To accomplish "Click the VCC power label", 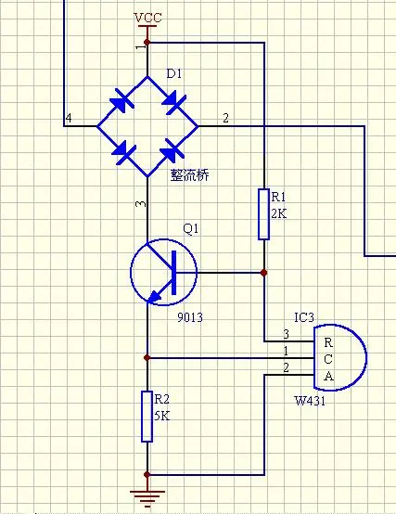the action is coord(147,18).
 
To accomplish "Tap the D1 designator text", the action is coord(174,73).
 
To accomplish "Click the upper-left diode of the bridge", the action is coord(121,101).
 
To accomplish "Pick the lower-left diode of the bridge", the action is coord(123,152).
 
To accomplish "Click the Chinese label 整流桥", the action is coord(189,175).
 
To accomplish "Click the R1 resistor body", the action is coord(264,214).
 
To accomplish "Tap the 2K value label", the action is coord(279,213).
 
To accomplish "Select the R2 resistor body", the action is coord(147,417).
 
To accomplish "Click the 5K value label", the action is coord(162,416).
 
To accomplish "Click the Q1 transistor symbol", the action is coord(163,272).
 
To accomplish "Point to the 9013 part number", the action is coord(190,317).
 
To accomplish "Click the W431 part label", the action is coord(310,401).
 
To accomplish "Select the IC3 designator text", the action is coord(304,317).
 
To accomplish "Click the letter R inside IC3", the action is coord(328,342).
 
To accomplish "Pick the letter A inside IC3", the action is coord(328,376).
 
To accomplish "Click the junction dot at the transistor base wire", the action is coord(263,273).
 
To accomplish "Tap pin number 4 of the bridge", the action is coord(69,118).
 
